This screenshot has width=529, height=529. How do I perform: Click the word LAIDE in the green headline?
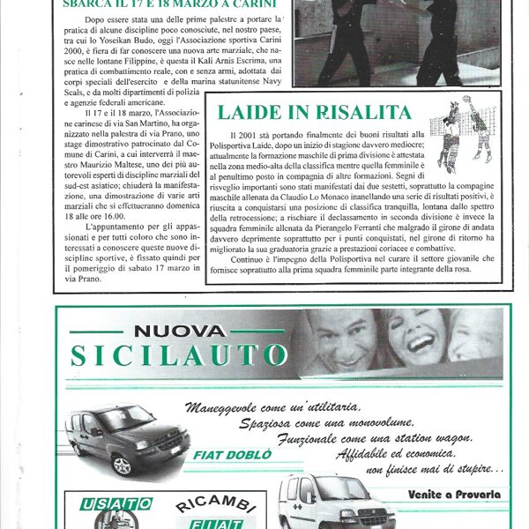tap(251, 112)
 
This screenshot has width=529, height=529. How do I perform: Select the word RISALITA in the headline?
tap(362, 112)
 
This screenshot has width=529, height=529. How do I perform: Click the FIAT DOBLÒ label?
tap(224, 457)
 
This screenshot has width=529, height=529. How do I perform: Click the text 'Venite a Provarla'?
tap(453, 494)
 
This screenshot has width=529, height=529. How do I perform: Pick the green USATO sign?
tap(116, 503)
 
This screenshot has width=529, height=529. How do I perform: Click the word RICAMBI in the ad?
tap(203, 505)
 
